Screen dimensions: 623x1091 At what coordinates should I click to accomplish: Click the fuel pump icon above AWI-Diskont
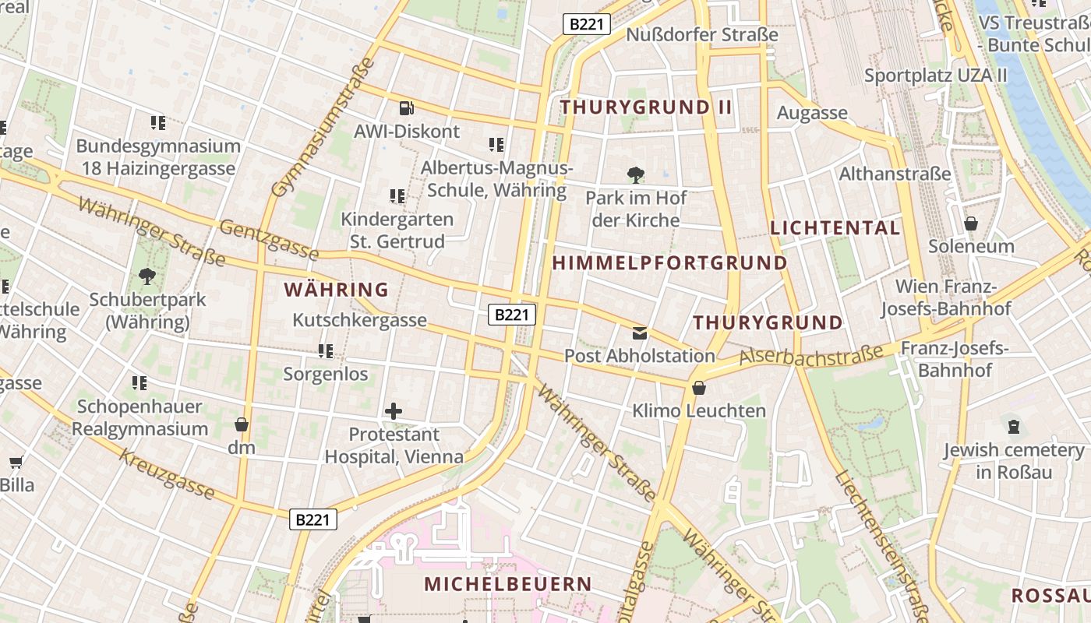point(406,108)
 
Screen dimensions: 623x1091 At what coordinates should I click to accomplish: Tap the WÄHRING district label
point(336,290)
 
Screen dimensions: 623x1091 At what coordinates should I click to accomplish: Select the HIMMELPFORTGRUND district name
point(669,263)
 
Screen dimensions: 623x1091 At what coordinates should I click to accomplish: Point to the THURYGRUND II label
point(646,107)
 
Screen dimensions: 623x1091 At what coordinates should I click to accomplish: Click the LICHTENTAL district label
point(835,228)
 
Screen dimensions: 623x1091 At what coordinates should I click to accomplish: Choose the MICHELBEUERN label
point(507,583)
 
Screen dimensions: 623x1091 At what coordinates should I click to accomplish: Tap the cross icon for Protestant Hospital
point(394,410)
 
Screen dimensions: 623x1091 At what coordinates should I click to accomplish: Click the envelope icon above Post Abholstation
point(640,333)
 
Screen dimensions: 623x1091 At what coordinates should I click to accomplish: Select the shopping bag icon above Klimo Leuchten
point(699,388)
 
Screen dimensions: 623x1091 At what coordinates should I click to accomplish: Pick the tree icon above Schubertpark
point(147,276)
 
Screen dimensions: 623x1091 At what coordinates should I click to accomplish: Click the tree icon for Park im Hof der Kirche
point(636,174)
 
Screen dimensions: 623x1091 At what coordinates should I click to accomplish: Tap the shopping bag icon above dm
point(242,424)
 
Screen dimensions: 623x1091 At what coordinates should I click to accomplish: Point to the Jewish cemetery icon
point(1013,427)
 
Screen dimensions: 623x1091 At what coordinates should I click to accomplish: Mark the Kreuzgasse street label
point(167,473)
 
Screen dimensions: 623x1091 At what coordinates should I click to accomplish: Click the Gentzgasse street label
point(269,240)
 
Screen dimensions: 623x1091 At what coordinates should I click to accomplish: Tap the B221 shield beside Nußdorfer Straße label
point(586,24)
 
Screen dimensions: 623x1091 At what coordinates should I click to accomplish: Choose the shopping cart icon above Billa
point(16,462)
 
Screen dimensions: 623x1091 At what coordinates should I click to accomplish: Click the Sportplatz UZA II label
point(935,76)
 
